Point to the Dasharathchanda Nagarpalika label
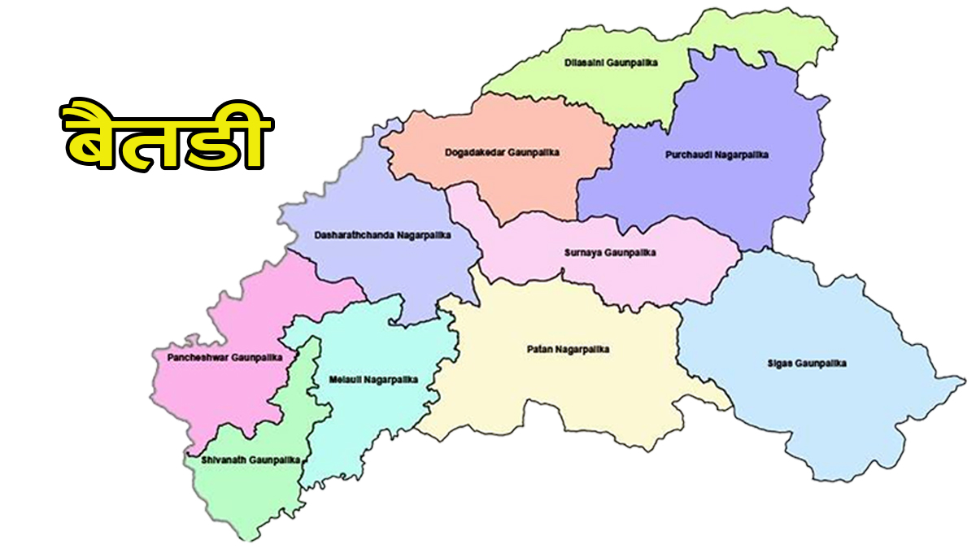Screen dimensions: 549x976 [x=383, y=236]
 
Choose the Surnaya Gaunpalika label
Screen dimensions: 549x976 [x=610, y=253]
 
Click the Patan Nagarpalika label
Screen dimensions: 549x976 [x=568, y=350]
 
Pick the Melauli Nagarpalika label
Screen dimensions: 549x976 [x=373, y=380]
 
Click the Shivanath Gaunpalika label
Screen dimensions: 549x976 [x=244, y=460]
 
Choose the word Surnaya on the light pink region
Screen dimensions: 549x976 [x=582, y=253]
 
